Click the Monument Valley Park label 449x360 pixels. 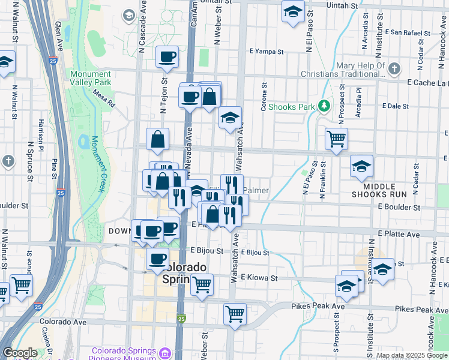coord(91,78)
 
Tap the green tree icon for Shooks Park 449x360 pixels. coord(324,106)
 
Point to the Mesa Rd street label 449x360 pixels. coord(103,98)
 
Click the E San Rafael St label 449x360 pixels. coord(412,31)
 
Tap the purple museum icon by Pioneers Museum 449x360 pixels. coord(166,352)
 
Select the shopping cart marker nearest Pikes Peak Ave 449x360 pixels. coord(235,313)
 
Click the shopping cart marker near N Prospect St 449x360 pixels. coord(336,139)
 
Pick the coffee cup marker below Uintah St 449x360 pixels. coord(167,56)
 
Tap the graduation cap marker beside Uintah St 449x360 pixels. coord(293,12)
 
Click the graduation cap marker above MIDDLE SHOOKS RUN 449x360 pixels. coord(361,166)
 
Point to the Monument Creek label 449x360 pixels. coord(97,163)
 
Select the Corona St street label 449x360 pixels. coord(264,93)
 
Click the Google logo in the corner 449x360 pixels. coord(20,353)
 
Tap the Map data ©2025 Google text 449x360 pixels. coord(411,355)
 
